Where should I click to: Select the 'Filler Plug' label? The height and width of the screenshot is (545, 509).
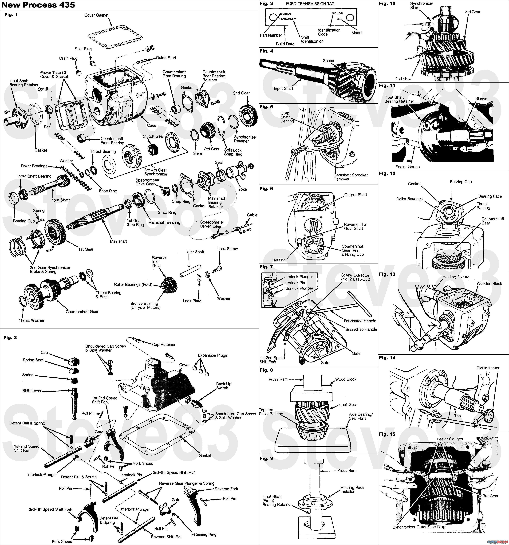83,49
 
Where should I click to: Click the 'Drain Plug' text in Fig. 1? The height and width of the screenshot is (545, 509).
68,58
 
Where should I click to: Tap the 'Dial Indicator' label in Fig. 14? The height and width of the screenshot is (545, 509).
488,368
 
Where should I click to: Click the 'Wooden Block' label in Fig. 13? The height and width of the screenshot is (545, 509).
489,283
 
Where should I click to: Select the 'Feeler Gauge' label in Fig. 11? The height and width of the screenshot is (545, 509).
408,167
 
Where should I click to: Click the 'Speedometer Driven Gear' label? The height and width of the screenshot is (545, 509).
212,224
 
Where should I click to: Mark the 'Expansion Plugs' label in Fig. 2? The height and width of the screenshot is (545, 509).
212,355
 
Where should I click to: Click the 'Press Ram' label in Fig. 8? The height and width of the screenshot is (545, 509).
278,379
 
